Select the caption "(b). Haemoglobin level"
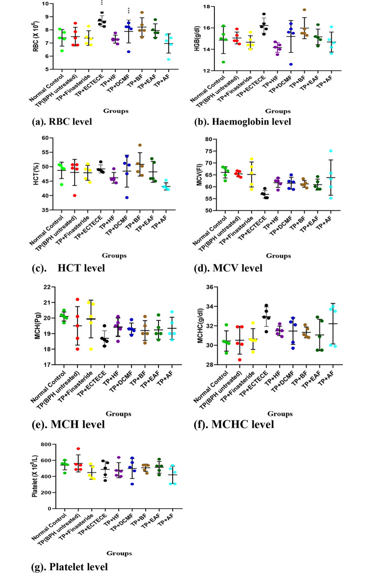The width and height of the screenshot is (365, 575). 241,121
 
